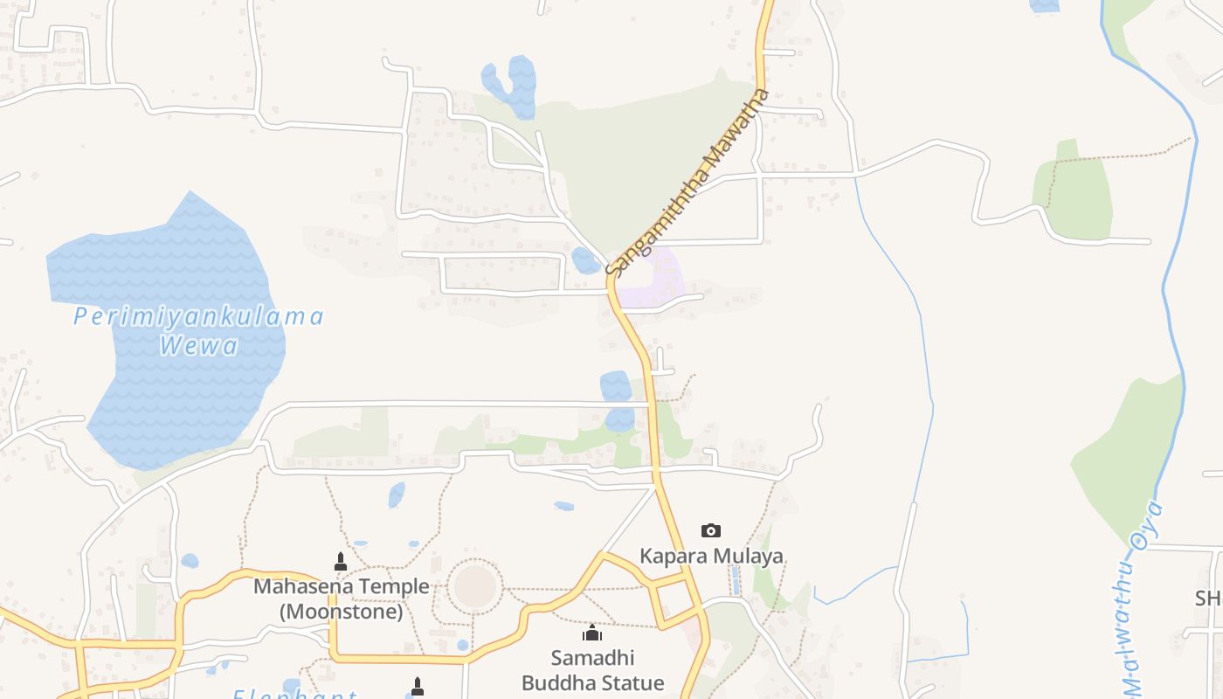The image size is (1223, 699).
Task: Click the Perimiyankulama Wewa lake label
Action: tap(198, 330)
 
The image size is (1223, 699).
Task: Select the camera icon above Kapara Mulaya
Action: tap(711, 530)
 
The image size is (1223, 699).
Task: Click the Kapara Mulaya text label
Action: tap(711, 556)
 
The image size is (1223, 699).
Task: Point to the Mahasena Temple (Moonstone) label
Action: tap(342, 599)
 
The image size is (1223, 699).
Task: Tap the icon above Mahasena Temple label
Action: tap(341, 561)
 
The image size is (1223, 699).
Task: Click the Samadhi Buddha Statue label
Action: tap(593, 669)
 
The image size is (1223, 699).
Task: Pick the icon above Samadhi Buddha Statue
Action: tap(593, 633)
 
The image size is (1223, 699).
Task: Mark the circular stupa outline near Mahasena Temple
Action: tap(475, 586)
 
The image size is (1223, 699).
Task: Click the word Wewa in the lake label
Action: tap(198, 346)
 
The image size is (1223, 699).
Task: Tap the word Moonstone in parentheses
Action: tap(342, 612)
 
